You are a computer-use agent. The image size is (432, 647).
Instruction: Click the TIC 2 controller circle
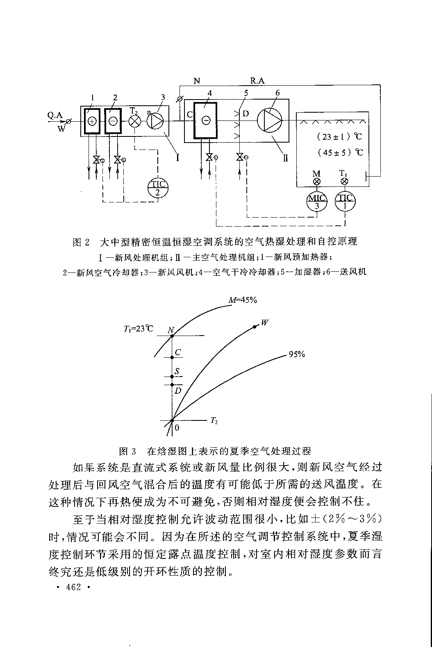157,188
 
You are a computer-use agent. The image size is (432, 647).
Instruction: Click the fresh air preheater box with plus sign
92,121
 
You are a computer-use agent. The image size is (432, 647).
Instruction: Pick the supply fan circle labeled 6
270,120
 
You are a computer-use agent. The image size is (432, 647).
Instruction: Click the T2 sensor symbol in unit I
135,121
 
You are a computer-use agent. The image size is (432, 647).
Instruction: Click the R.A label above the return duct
257,81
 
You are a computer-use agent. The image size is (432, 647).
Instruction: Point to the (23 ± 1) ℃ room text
340,136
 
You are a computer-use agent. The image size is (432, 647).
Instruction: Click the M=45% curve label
243,300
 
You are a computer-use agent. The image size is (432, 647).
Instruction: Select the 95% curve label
296,354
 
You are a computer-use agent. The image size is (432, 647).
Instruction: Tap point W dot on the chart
255,326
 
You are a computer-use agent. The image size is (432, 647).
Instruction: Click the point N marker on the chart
172,336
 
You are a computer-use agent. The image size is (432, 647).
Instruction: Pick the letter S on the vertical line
177,371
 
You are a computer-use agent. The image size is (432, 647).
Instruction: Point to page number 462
73,587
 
